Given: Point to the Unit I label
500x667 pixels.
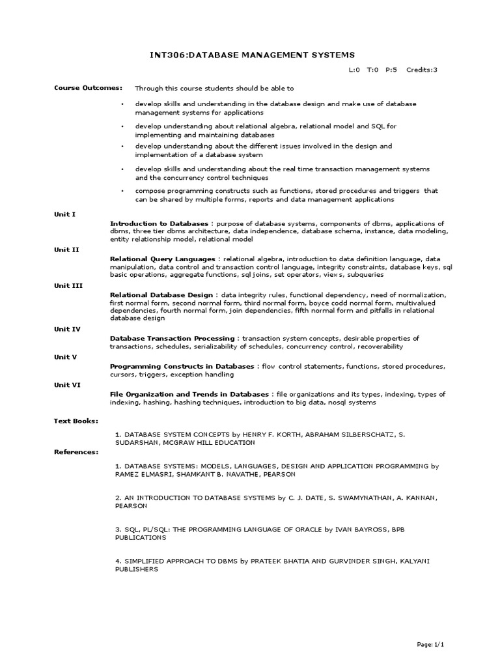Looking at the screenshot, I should coord(64,214).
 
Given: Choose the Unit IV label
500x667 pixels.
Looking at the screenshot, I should coord(66,329).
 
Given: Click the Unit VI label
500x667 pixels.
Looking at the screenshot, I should coord(66,384).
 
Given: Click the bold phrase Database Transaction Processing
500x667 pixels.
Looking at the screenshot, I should coord(172,339).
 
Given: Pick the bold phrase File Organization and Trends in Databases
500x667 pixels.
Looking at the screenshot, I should coord(189,394).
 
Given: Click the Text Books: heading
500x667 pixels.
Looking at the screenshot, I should coord(76,421).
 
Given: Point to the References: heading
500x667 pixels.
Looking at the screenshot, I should coord(76,451).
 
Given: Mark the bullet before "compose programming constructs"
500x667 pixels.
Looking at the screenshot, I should coord(122,190).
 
